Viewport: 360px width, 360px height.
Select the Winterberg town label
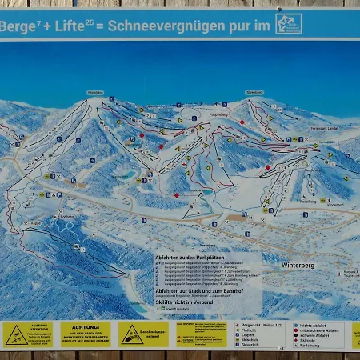(x=300, y=265)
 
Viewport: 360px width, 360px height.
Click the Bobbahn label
(x=66, y=217)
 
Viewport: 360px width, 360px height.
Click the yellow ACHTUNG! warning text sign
(x=85, y=334)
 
